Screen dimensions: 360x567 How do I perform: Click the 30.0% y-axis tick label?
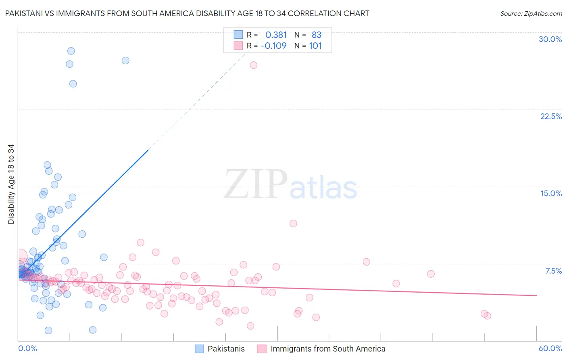[x=550, y=39]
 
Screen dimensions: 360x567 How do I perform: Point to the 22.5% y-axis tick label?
[x=551, y=116]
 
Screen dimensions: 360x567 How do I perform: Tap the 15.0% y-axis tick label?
[x=551, y=193]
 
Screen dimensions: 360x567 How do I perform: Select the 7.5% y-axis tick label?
[x=553, y=271]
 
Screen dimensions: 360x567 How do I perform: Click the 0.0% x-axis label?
[x=27, y=348]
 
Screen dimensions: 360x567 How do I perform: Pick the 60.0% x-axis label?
[x=550, y=348]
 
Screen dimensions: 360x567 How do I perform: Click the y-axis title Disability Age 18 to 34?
[x=11, y=184]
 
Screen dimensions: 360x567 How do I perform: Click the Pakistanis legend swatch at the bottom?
[x=199, y=349]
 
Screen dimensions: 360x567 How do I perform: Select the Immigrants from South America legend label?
[x=328, y=349]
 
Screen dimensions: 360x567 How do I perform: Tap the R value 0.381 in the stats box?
[x=276, y=35]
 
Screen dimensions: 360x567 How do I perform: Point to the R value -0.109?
[x=274, y=46]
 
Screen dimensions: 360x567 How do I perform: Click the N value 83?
[x=317, y=35]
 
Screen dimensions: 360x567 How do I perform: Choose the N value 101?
[x=315, y=46]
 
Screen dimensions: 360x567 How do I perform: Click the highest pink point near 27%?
[x=253, y=65]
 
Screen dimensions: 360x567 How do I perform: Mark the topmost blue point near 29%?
[x=71, y=51]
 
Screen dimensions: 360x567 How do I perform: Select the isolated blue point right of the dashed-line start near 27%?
[x=125, y=61]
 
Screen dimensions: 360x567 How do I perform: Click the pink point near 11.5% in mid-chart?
[x=293, y=223]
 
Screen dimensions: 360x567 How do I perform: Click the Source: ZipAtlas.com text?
[x=531, y=14]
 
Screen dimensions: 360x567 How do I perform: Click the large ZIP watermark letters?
[x=256, y=184]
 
